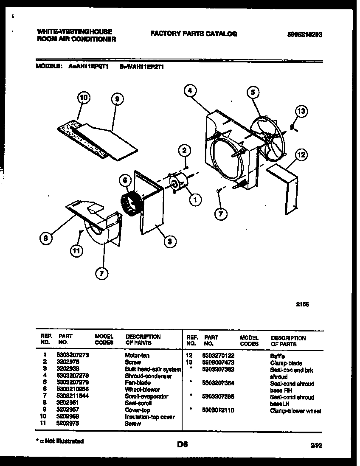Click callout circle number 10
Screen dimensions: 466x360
coord(84,98)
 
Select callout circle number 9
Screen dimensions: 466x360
coord(117,99)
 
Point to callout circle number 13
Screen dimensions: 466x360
coord(301,112)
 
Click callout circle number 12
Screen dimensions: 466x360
coord(301,155)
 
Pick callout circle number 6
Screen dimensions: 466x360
coord(125,180)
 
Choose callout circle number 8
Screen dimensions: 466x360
coord(46,239)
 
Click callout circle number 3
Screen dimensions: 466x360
coord(169,242)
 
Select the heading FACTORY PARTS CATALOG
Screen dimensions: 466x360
coord(194,34)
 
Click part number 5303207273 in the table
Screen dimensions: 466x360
coord(72,356)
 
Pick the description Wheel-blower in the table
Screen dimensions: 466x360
coord(142,390)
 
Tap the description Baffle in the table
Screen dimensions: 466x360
coord(277,356)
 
